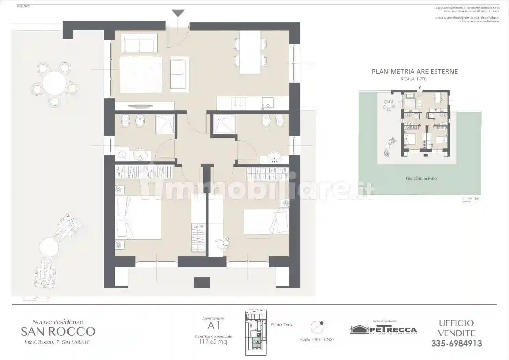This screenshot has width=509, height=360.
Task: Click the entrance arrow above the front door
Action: click(x=178, y=13)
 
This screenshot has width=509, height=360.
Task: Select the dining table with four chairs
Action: click(x=250, y=52)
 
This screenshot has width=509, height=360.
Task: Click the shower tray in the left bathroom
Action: click(x=165, y=124)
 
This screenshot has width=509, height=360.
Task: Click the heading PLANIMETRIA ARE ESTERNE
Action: click(x=415, y=72)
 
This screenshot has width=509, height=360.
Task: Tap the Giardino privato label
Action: click(x=421, y=178)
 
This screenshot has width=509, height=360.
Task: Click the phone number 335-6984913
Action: click(x=456, y=343)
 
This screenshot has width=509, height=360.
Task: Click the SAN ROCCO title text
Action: click(x=58, y=332)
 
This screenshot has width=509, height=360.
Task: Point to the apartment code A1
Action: click(x=213, y=326)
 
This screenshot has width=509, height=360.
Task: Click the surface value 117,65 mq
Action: click(x=213, y=341)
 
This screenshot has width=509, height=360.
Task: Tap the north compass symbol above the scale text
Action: click(x=317, y=327)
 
